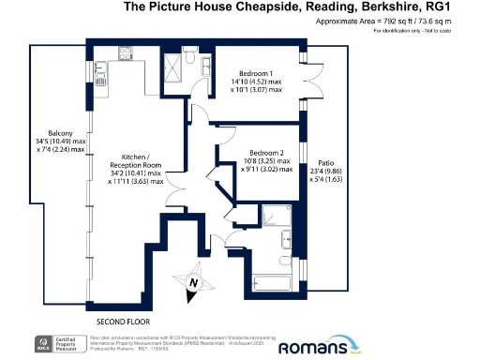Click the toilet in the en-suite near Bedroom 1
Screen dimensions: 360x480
point(191,59)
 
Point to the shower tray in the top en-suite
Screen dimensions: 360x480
point(172,65)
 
